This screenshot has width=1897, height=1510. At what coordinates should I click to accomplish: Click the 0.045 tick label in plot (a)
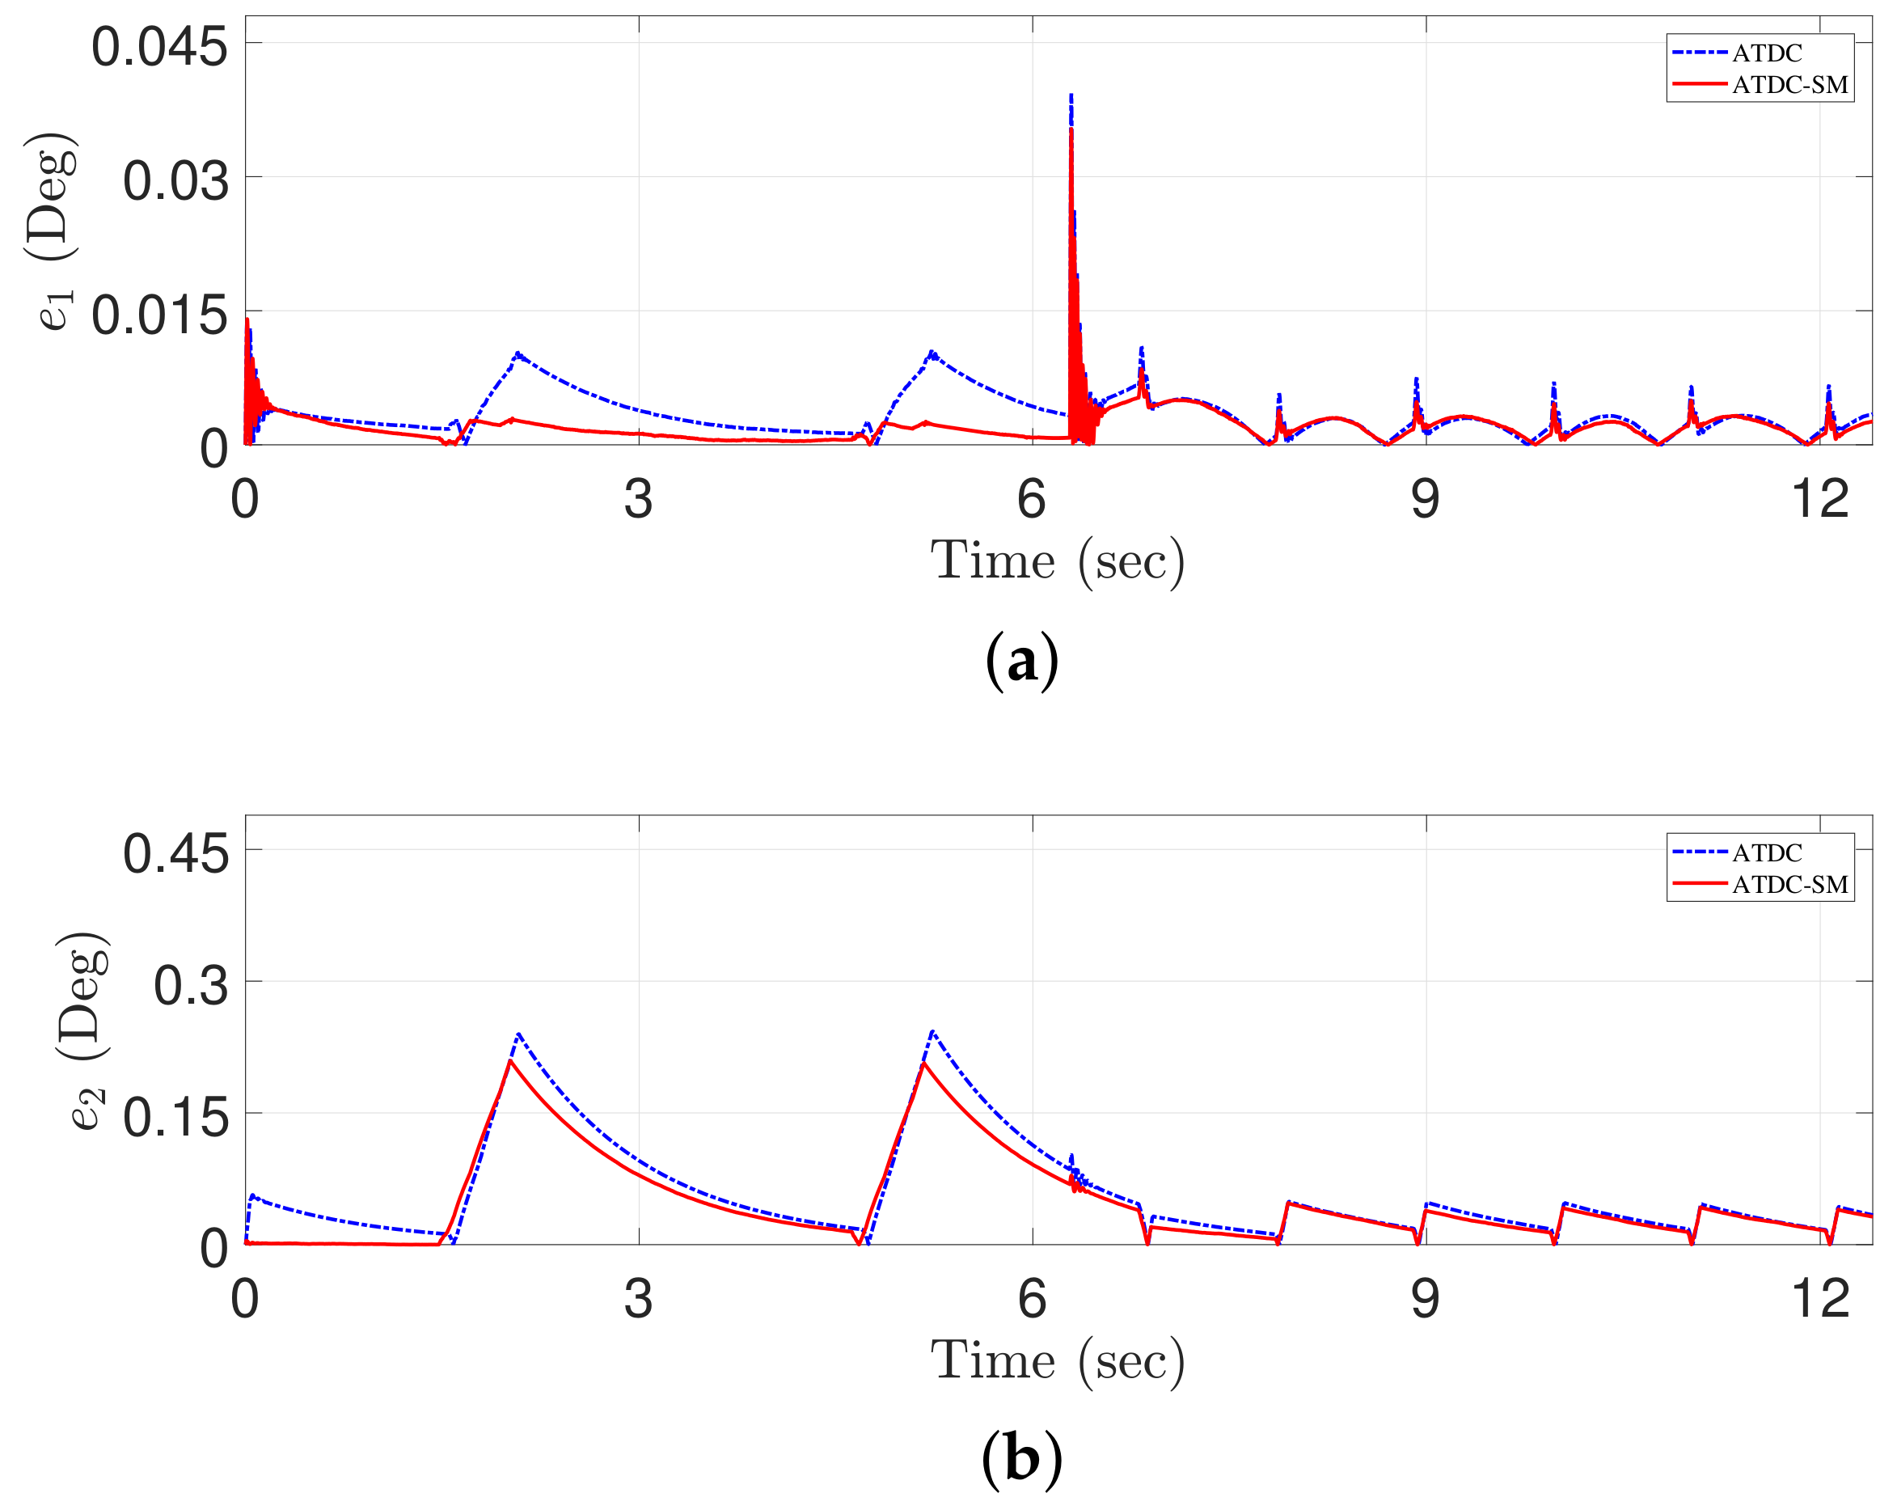[159, 47]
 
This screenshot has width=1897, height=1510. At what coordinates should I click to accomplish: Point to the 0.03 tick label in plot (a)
[175, 181]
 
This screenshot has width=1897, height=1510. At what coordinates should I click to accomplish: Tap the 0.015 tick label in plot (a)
[159, 315]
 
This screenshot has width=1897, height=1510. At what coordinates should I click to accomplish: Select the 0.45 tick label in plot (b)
[175, 852]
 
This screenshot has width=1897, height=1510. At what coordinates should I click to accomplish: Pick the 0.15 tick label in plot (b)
[175, 1118]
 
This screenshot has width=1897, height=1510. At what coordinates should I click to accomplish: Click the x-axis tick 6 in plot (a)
[1031, 499]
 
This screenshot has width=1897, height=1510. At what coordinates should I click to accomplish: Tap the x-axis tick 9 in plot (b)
[1425, 1299]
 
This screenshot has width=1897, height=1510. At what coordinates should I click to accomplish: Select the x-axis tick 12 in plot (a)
[1819, 499]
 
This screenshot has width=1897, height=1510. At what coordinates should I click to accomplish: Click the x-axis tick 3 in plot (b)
[638, 1299]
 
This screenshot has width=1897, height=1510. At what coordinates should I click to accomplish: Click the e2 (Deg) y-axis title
[83, 1030]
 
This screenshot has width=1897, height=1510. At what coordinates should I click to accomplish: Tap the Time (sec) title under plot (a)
[1058, 560]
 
